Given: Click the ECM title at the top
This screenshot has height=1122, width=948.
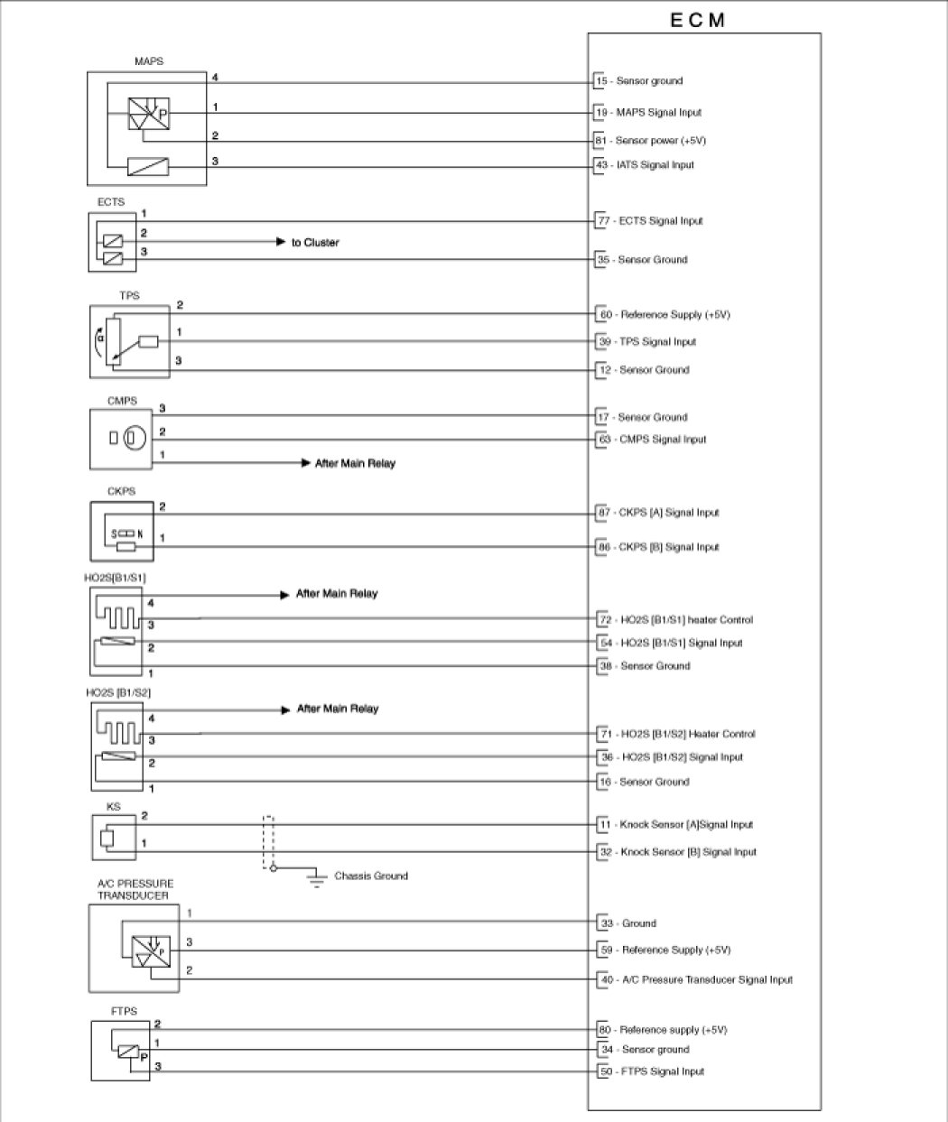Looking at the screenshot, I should [698, 20].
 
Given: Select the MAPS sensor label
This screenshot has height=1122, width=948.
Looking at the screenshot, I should [148, 61].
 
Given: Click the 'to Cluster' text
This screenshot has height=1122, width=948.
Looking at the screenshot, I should [315, 243].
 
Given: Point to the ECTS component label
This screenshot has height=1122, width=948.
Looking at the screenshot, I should [111, 202].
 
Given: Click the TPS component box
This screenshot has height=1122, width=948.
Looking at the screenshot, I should [130, 341].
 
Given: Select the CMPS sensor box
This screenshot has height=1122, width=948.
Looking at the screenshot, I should [127, 439].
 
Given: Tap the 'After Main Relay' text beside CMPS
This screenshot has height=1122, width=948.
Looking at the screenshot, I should [355, 464].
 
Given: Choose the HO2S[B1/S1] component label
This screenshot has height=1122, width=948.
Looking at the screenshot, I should [116, 577].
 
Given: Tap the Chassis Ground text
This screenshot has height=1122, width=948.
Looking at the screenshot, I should [371, 876].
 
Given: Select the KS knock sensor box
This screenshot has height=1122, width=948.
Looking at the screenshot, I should [114, 838].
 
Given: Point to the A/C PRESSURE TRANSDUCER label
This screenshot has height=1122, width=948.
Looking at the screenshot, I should [135, 889].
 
